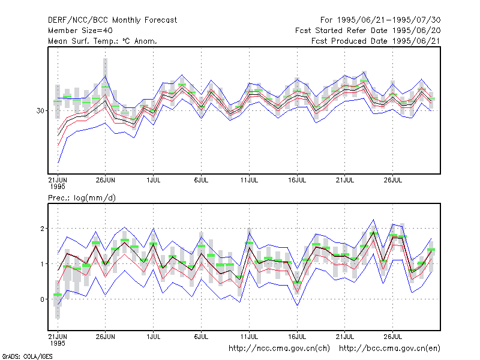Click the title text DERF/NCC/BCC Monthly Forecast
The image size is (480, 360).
(x=112, y=20)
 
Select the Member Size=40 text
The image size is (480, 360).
(x=80, y=31)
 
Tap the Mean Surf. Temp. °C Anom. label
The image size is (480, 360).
(x=103, y=41)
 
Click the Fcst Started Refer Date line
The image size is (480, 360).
(x=368, y=31)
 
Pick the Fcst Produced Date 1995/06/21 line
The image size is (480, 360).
(x=376, y=41)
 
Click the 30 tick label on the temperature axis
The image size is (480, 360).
(x=40, y=111)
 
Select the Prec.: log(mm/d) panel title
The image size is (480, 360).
(x=82, y=198)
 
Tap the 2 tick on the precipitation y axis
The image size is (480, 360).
(x=42, y=229)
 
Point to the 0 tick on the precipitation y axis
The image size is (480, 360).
(x=42, y=299)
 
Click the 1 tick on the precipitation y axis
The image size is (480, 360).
(x=43, y=264)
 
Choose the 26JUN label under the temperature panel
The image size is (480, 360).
(x=106, y=180)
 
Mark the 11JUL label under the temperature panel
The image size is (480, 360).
(x=249, y=180)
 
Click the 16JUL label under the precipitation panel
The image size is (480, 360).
(x=297, y=337)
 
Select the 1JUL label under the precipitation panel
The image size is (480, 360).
(x=154, y=337)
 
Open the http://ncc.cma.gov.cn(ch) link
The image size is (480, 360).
(x=279, y=349)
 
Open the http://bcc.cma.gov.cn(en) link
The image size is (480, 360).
(x=389, y=349)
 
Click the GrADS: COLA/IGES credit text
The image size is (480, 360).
(x=27, y=356)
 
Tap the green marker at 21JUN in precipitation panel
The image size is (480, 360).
(x=58, y=295)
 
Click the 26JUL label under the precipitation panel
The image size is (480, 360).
(x=393, y=337)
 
